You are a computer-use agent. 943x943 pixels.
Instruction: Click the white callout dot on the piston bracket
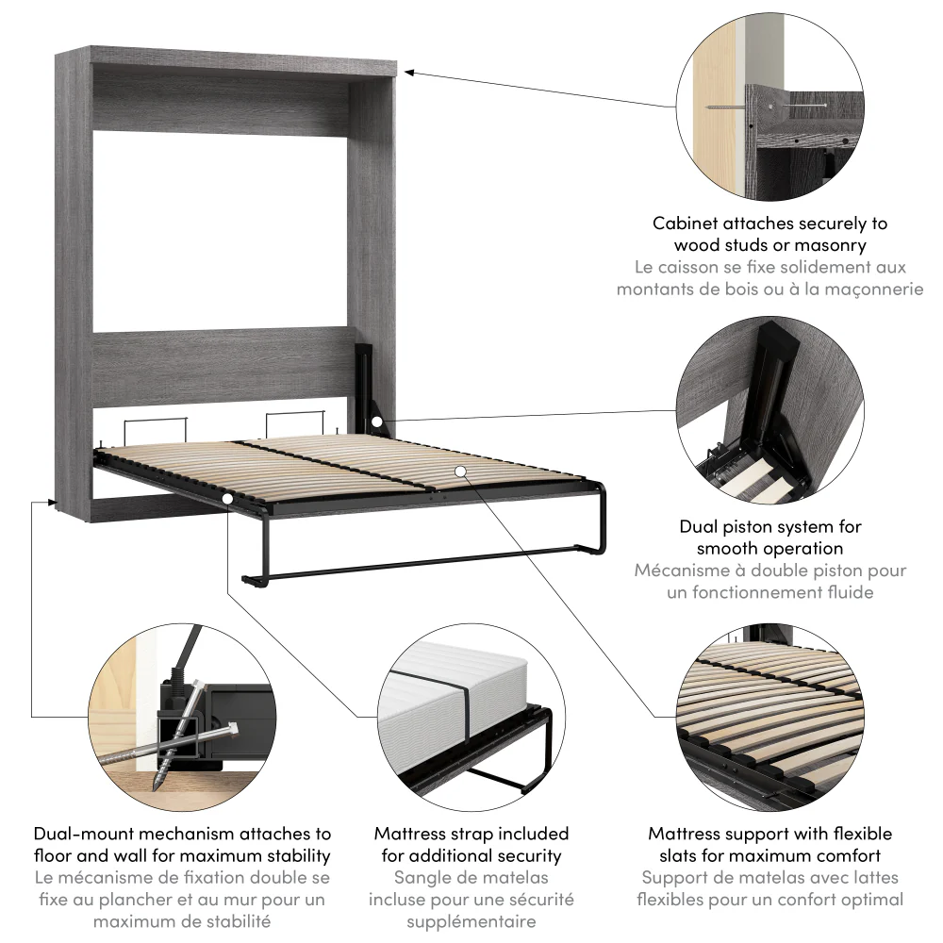pos(376,422)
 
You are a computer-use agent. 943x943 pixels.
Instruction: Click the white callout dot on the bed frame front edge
pos(228,497)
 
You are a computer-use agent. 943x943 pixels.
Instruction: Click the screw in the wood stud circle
pos(773,106)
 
